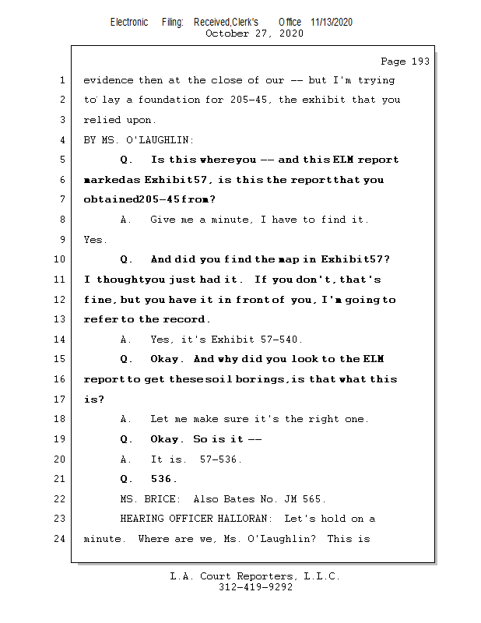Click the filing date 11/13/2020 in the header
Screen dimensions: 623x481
pyautogui.click(x=332, y=23)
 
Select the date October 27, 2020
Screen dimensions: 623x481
pyautogui.click(x=255, y=33)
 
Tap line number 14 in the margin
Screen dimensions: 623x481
pyautogui.click(x=60, y=340)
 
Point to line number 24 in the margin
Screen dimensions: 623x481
pyautogui.click(x=60, y=539)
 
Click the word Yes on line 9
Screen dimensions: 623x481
pyautogui.click(x=95, y=240)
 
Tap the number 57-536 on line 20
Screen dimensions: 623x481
pyautogui.click(x=221, y=459)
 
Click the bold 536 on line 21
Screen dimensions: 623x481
pyautogui.click(x=163, y=479)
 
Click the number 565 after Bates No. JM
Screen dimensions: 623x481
pyautogui.click(x=313, y=499)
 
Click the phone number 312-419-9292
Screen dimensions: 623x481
pyautogui.click(x=255, y=588)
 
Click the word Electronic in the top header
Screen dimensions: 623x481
pyautogui.click(x=129, y=23)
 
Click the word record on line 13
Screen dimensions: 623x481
pyautogui.click(x=188, y=319)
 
